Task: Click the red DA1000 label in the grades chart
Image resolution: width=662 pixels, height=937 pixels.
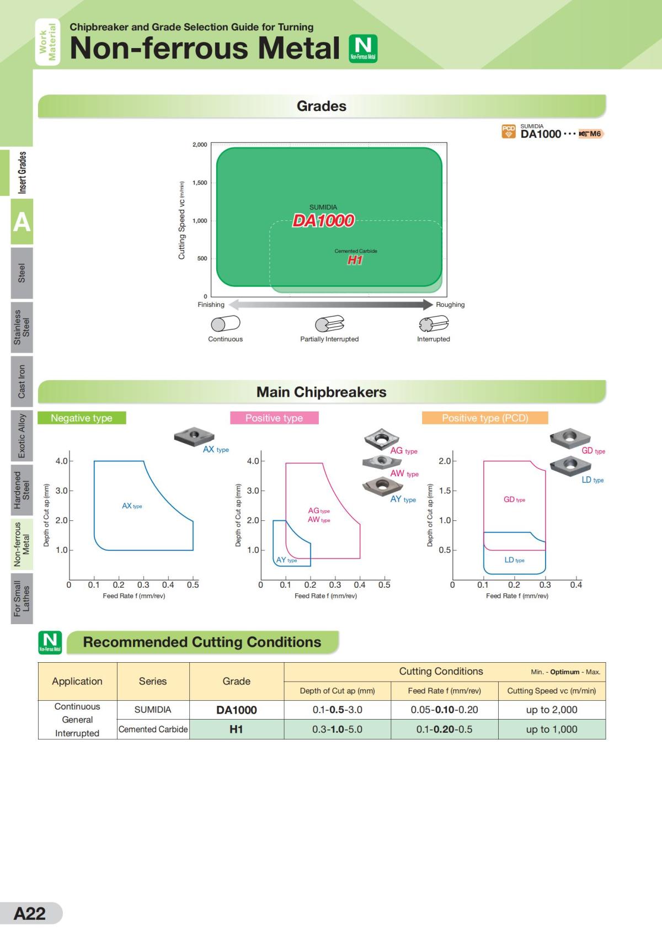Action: coord(323,221)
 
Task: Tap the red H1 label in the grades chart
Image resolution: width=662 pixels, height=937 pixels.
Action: coord(355,260)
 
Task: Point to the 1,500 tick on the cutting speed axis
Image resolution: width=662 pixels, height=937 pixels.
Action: coord(200,183)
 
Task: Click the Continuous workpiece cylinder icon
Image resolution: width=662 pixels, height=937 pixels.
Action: coord(225,323)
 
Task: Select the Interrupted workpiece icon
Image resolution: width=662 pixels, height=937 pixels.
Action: coord(433,323)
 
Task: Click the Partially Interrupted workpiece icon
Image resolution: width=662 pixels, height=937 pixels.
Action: coord(329,323)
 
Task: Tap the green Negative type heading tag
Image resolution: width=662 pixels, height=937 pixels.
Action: coord(82,418)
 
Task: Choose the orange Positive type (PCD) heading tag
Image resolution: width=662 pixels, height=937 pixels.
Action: coord(485,418)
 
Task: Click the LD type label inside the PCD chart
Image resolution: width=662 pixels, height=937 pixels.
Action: coord(514,560)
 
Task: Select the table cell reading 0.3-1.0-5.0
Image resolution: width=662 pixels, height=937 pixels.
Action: coord(337,730)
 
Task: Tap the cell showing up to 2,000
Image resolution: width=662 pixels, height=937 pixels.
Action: coord(552,710)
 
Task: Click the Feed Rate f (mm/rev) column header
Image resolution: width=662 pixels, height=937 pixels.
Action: coord(444,691)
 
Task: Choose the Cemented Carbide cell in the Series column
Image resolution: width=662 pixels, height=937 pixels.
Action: coord(153,730)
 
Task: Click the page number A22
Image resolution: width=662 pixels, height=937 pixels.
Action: coord(30,913)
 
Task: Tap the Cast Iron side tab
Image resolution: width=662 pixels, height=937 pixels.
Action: coord(22,381)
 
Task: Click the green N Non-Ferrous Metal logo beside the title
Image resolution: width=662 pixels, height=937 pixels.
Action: coord(363,48)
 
